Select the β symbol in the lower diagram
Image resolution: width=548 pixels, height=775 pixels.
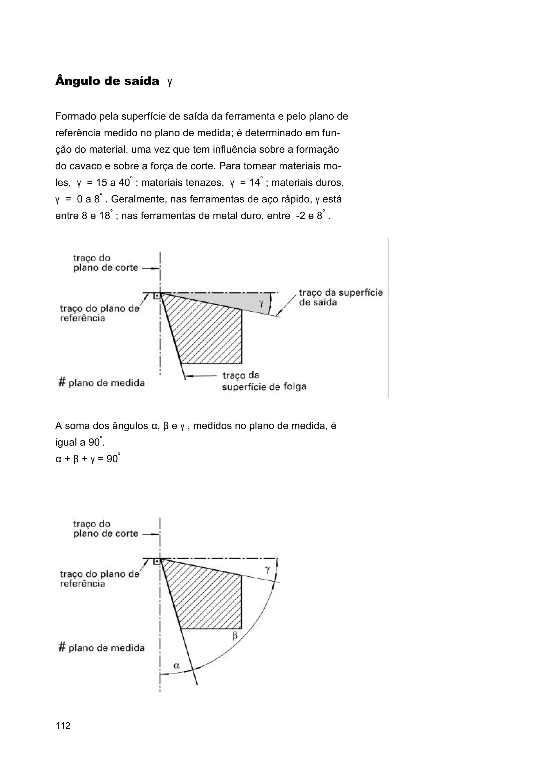(235, 636)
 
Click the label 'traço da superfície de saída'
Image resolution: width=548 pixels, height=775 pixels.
(340, 297)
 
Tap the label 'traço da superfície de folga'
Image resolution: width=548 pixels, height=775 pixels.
(264, 381)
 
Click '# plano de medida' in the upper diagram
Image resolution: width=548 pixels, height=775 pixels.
(102, 383)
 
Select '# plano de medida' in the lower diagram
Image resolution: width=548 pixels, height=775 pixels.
(102, 647)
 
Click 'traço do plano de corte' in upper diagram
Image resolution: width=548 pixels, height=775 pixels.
(105, 263)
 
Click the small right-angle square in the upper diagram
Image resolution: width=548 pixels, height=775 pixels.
(156, 296)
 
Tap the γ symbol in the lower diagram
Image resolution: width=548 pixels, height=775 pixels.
(267, 570)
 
